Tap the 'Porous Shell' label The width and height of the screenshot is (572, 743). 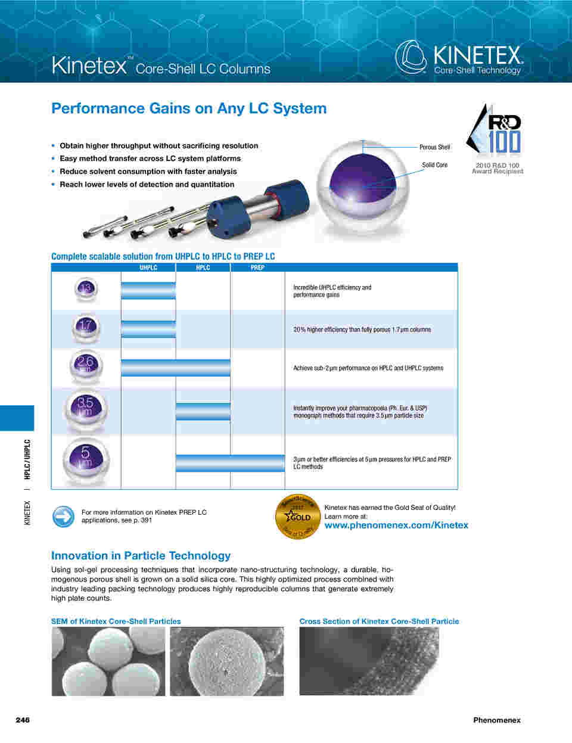click(x=434, y=147)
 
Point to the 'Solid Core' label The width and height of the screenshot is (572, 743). click(x=434, y=165)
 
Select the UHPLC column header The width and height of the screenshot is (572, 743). click(x=148, y=268)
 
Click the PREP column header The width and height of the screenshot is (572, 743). click(x=257, y=268)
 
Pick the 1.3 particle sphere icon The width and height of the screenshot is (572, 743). click(x=86, y=290)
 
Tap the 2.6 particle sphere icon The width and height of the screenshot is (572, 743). click(x=86, y=366)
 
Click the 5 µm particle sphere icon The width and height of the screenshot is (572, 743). click(x=86, y=460)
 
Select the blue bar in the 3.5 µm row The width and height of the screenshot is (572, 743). click(x=203, y=411)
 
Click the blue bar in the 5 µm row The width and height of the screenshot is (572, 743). click(x=231, y=463)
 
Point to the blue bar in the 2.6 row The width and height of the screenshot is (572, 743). click(x=176, y=368)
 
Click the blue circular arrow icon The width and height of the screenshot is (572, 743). click(x=63, y=517)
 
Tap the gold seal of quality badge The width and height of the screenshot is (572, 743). click(x=298, y=517)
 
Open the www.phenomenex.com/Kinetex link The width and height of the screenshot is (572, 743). click(x=396, y=525)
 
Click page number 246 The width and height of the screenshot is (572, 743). click(x=23, y=720)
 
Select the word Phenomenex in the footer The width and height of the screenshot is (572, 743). click(x=497, y=720)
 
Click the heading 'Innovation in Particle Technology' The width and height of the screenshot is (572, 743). click(x=141, y=556)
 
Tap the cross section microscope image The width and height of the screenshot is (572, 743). click(x=369, y=661)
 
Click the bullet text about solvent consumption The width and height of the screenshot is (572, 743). click(x=148, y=172)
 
